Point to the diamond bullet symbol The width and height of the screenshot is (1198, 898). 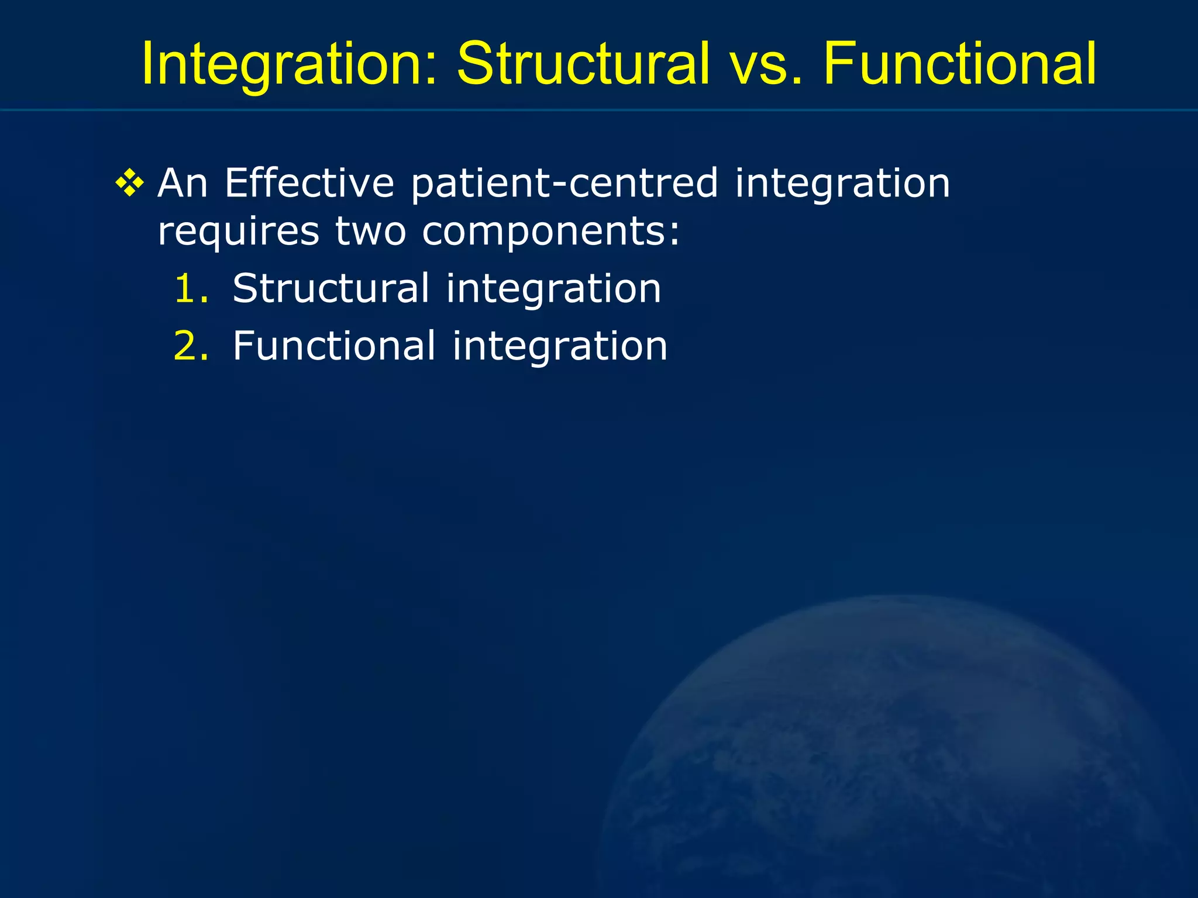point(129,184)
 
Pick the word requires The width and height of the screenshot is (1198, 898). point(239,232)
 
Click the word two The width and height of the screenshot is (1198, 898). point(370,232)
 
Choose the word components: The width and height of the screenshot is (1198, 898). point(551,232)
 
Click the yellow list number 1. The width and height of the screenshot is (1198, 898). point(190,289)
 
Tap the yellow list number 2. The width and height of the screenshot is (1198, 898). point(190,346)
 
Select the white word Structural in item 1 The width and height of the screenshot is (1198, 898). point(331,289)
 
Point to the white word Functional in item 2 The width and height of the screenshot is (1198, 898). point(334,346)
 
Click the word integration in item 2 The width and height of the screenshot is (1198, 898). point(560,346)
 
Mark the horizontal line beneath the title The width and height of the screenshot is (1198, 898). point(599,109)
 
